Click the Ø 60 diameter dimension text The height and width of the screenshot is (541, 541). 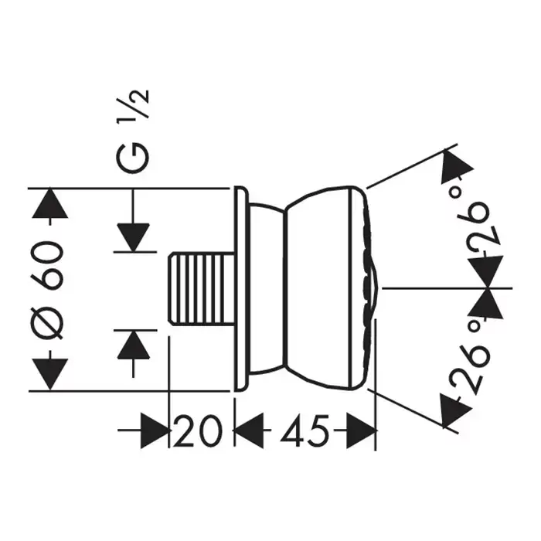48,290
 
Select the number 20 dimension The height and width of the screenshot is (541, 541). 198,428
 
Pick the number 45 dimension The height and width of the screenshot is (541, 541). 303,428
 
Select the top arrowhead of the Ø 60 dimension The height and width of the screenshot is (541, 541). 48,203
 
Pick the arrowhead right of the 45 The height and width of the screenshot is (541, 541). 360,429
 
